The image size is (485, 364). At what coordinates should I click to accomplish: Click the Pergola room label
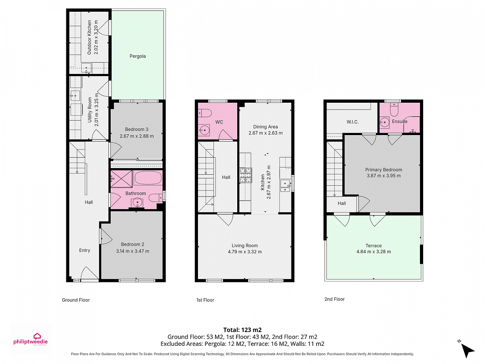pyautogui.click(x=137, y=56)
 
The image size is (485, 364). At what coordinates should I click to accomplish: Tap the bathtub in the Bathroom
pyautogui.click(x=148, y=178)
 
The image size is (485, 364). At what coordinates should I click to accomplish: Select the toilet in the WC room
pyautogui.click(x=205, y=113)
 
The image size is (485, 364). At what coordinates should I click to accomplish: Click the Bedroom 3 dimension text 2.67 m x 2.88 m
pyautogui.click(x=137, y=136)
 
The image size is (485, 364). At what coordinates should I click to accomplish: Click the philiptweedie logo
pyautogui.click(x=30, y=339)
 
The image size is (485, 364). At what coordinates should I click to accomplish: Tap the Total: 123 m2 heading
pyautogui.click(x=242, y=330)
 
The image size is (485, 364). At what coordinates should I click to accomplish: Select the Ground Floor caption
pyautogui.click(x=76, y=300)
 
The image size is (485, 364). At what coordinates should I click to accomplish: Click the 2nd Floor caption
pyautogui.click(x=335, y=299)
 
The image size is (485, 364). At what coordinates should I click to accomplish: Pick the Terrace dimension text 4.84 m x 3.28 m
pyautogui.click(x=373, y=252)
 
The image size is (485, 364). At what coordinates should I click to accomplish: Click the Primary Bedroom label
pyautogui.click(x=384, y=170)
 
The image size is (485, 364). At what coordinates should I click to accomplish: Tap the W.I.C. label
pyautogui.click(x=352, y=122)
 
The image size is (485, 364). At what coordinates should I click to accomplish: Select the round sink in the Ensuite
pyautogui.click(x=385, y=122)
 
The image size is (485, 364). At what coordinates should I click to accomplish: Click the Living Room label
pyautogui.click(x=245, y=245)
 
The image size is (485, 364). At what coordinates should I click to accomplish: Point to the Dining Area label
pyautogui.click(x=266, y=127)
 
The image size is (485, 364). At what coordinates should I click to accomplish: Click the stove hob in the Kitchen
pyautogui.click(x=246, y=176)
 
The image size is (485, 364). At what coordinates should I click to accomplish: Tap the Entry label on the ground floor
pyautogui.click(x=84, y=250)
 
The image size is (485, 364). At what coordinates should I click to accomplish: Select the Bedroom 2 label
pyautogui.click(x=133, y=244)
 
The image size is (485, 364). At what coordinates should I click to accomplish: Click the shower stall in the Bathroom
pyautogui.click(x=121, y=179)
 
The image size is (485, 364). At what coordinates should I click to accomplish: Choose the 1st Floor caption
pyautogui.click(x=205, y=300)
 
